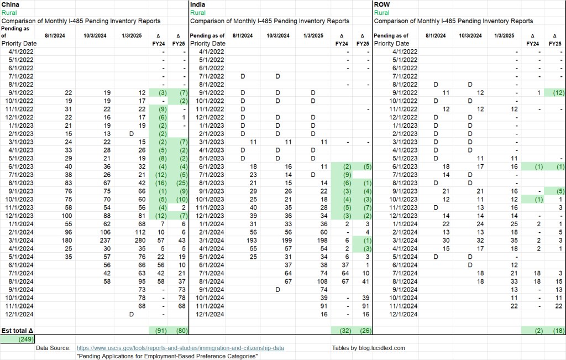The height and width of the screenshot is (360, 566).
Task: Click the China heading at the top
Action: [x=12, y=4]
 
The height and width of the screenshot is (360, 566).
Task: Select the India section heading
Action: [x=197, y=4]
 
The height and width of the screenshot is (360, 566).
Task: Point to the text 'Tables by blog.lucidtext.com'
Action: [x=369, y=348]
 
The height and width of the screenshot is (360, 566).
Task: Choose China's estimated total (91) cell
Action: [x=156, y=331]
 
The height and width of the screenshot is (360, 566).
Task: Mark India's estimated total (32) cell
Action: [x=341, y=331]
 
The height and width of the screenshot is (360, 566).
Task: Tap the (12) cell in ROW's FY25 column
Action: [x=555, y=93]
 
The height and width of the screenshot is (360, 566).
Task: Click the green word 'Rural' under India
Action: [x=197, y=12]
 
